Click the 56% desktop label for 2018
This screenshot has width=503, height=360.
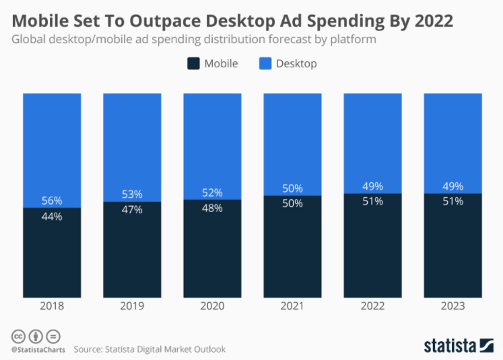point(52,201)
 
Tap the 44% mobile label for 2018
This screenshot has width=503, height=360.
point(52,216)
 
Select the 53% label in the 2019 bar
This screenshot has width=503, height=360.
point(132,194)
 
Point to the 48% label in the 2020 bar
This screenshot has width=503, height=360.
point(212,208)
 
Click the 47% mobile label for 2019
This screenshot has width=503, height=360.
point(132,209)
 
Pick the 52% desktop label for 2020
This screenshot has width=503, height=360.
point(212,192)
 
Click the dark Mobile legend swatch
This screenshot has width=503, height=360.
point(193,64)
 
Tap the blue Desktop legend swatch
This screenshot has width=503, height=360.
point(265,64)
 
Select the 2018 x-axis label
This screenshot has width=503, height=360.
point(52,305)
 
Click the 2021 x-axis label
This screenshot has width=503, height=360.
point(292,305)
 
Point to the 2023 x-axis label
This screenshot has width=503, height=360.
point(452,305)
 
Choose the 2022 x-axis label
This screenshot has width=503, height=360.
point(372,305)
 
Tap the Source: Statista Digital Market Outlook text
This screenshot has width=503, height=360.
point(149,349)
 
